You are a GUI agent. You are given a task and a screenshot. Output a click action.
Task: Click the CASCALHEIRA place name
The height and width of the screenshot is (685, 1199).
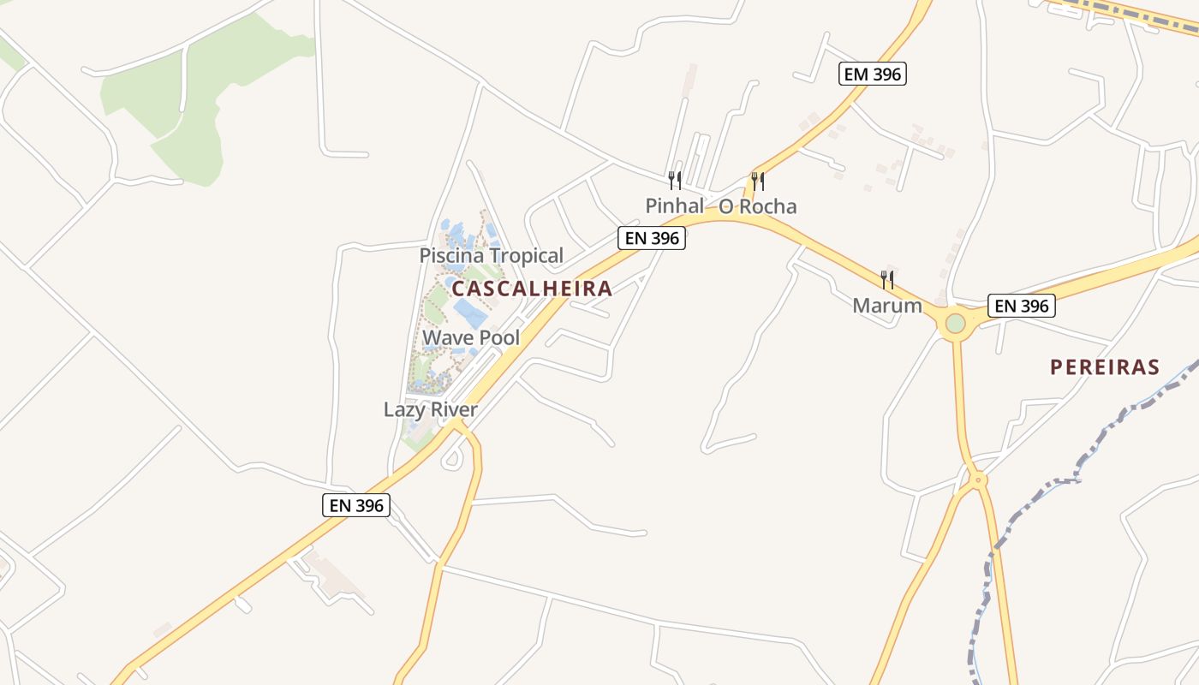point(532,289)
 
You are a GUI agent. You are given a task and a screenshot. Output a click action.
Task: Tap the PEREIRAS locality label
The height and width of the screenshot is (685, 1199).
point(1105,368)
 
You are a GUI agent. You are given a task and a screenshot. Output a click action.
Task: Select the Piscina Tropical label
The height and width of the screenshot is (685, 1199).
point(491,255)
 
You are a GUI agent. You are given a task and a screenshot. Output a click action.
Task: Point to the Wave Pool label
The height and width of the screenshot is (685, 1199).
point(471,337)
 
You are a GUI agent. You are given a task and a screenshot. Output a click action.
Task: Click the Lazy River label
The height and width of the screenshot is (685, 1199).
point(430,409)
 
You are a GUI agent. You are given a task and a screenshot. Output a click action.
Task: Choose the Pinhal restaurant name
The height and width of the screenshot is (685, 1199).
point(674,206)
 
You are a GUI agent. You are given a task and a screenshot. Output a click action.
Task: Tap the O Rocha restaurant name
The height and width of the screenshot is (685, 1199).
point(757,206)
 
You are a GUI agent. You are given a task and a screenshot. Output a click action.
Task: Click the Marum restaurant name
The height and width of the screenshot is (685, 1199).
point(887,306)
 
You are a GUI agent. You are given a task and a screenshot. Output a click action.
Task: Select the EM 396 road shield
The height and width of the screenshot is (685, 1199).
point(872,74)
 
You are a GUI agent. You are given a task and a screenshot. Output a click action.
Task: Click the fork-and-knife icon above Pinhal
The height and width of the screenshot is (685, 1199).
point(675,180)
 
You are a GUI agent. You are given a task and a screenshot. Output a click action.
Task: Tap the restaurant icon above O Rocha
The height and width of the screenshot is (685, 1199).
point(758,181)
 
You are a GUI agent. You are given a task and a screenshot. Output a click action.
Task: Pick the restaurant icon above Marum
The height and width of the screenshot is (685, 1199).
point(887,279)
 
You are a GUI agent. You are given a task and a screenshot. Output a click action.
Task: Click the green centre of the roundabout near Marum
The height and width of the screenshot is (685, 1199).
point(956,324)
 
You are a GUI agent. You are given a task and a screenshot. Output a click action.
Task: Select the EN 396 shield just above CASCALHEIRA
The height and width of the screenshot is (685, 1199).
point(652,238)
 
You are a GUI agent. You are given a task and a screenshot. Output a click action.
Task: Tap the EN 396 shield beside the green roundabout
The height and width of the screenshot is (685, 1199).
point(1021,306)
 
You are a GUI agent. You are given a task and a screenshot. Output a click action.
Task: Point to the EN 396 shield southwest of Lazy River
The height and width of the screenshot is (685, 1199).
point(357,505)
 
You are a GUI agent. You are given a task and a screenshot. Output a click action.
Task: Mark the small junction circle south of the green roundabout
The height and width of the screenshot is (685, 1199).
point(979,479)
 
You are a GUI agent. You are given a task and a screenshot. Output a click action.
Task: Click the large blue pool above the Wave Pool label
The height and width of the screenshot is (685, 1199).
point(470,313)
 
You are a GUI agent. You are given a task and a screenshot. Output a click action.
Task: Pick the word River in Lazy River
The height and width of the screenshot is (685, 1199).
point(455,409)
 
